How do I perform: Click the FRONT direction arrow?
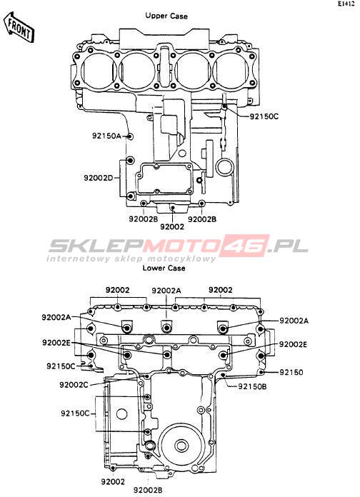click(19, 27)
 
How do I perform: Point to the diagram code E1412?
click(346, 4)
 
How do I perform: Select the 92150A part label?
click(107, 136)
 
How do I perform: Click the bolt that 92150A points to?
click(130, 136)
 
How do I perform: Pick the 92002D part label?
click(99, 178)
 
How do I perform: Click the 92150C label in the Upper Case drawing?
click(264, 116)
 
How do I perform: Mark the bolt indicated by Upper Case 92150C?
click(224, 106)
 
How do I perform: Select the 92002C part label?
click(74, 385)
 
